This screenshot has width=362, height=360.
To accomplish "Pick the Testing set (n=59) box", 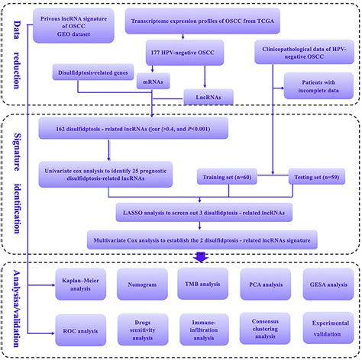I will [x=317, y=177].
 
